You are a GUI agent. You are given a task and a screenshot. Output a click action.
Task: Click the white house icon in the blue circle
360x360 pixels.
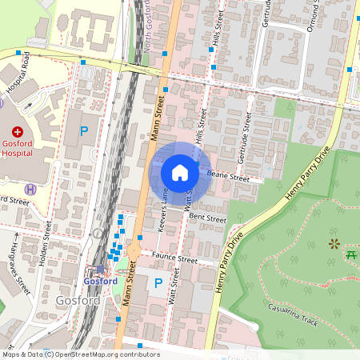[x=180, y=173]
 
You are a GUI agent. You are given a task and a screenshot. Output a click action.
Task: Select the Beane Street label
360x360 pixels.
[x=229, y=175]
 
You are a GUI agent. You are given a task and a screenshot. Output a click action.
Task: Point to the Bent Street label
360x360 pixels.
[x=207, y=218]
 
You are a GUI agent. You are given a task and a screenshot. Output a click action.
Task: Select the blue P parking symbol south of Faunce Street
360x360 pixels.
[x=158, y=283]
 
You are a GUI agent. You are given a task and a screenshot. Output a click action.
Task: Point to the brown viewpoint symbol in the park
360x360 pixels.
[x=333, y=243]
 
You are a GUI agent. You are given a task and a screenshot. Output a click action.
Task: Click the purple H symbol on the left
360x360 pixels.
[x=30, y=189]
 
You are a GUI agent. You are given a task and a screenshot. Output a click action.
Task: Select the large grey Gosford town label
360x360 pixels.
[x=78, y=300]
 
